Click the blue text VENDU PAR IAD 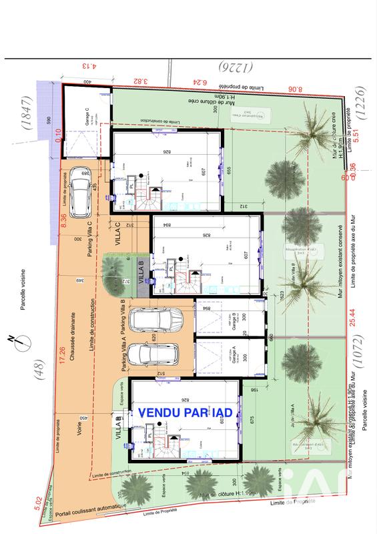pyautogui.click(x=185, y=413)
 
